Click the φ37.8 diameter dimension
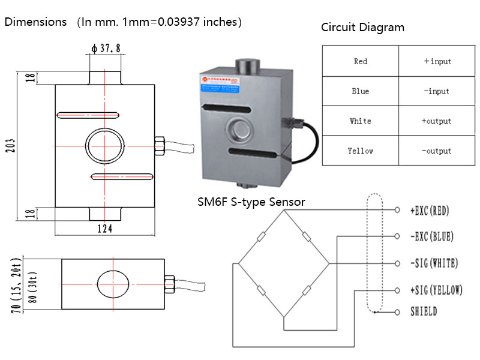click(x=106, y=49)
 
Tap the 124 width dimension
click(x=104, y=229)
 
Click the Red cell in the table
click(x=361, y=61)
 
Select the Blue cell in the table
click(x=361, y=91)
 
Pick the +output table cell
click(x=436, y=121)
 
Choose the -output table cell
click(x=436, y=151)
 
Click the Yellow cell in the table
click(x=361, y=151)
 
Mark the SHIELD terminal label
click(x=424, y=312)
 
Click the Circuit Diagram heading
click(x=362, y=28)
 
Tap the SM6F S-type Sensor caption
click(x=251, y=202)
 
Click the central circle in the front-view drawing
click(x=105, y=146)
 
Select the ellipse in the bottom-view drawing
click(x=112, y=283)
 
